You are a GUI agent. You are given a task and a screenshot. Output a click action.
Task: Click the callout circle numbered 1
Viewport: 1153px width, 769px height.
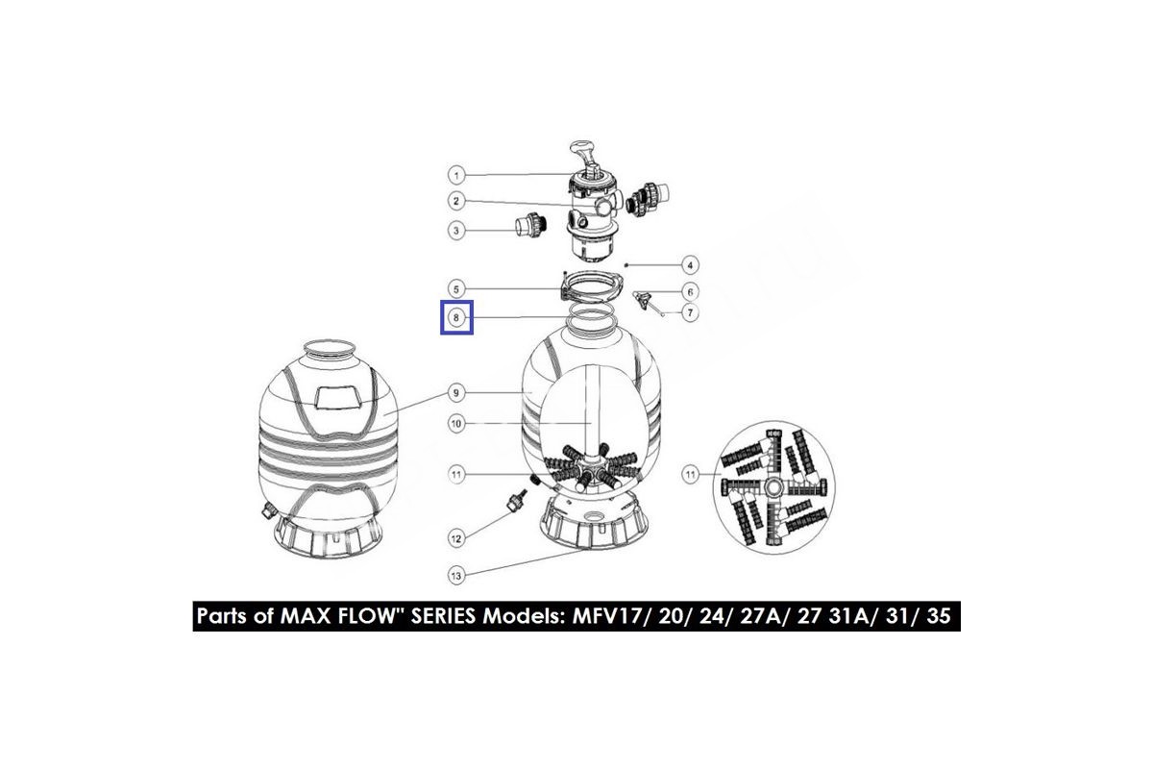pos(456,176)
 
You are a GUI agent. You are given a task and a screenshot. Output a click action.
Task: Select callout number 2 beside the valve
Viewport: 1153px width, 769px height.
pos(456,201)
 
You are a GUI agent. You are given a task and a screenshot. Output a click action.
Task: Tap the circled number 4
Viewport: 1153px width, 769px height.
pos(690,265)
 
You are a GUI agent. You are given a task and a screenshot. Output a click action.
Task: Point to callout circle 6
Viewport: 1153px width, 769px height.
pos(690,292)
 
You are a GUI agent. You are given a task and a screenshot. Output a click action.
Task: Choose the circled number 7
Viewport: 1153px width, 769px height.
pos(690,312)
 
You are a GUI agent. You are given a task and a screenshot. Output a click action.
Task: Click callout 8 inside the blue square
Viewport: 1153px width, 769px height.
pos(456,318)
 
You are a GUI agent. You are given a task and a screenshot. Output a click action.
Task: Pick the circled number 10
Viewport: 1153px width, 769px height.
pos(456,424)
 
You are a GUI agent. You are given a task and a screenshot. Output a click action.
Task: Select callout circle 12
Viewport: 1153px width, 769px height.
pos(456,538)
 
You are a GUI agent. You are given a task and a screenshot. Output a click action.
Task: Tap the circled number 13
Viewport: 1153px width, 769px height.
pos(456,576)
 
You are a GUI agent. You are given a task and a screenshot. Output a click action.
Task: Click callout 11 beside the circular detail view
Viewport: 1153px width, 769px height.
pos(690,475)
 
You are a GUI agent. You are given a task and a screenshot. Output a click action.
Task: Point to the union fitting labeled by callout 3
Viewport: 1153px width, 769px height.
pos(530,226)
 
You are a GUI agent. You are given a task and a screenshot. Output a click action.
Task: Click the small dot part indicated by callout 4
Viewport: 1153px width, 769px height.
pos(626,264)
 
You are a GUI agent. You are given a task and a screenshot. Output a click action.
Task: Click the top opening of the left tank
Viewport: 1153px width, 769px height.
pos(329,347)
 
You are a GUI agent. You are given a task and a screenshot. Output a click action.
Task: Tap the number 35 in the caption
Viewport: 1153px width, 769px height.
pos(939,616)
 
